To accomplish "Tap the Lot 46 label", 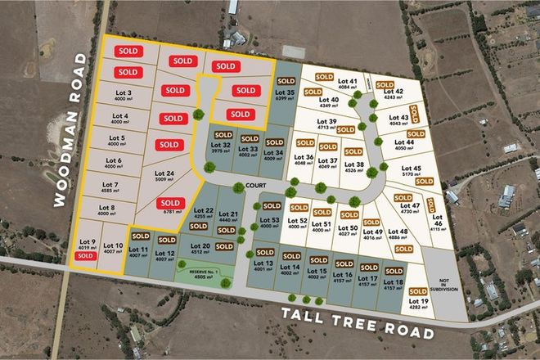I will pyautogui.click(x=438, y=225).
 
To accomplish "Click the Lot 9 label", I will pyautogui.click(x=87, y=243).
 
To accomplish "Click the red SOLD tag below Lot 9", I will pyautogui.click(x=84, y=256).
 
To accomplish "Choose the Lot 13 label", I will pyautogui.click(x=263, y=266).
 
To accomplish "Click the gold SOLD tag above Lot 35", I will pyautogui.click(x=286, y=81).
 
